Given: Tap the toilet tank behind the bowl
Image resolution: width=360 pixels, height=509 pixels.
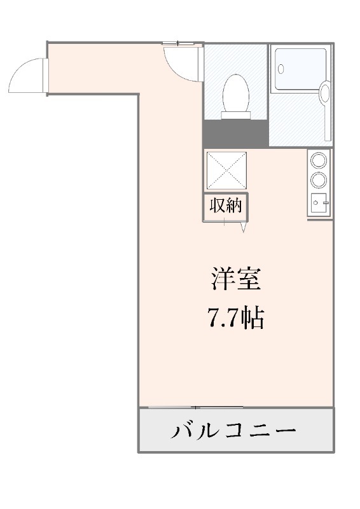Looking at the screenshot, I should pos(235,115).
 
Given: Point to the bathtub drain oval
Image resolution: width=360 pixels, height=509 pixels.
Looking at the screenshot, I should pos(283,66).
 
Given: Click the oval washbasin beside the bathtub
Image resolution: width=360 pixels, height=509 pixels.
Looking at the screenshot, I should pos(325,93).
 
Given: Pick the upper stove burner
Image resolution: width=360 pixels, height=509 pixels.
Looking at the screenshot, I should pos(319,160).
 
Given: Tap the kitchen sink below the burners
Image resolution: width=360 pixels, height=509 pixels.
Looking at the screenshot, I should pos(319,204).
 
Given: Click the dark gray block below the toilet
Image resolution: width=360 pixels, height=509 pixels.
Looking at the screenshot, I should pos(235,133).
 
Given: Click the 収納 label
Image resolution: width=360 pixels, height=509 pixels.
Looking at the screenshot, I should pos(226,206).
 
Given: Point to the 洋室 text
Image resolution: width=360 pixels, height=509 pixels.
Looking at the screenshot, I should pos(235,279).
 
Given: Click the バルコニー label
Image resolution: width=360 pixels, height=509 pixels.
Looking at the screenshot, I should pos(235,431).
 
